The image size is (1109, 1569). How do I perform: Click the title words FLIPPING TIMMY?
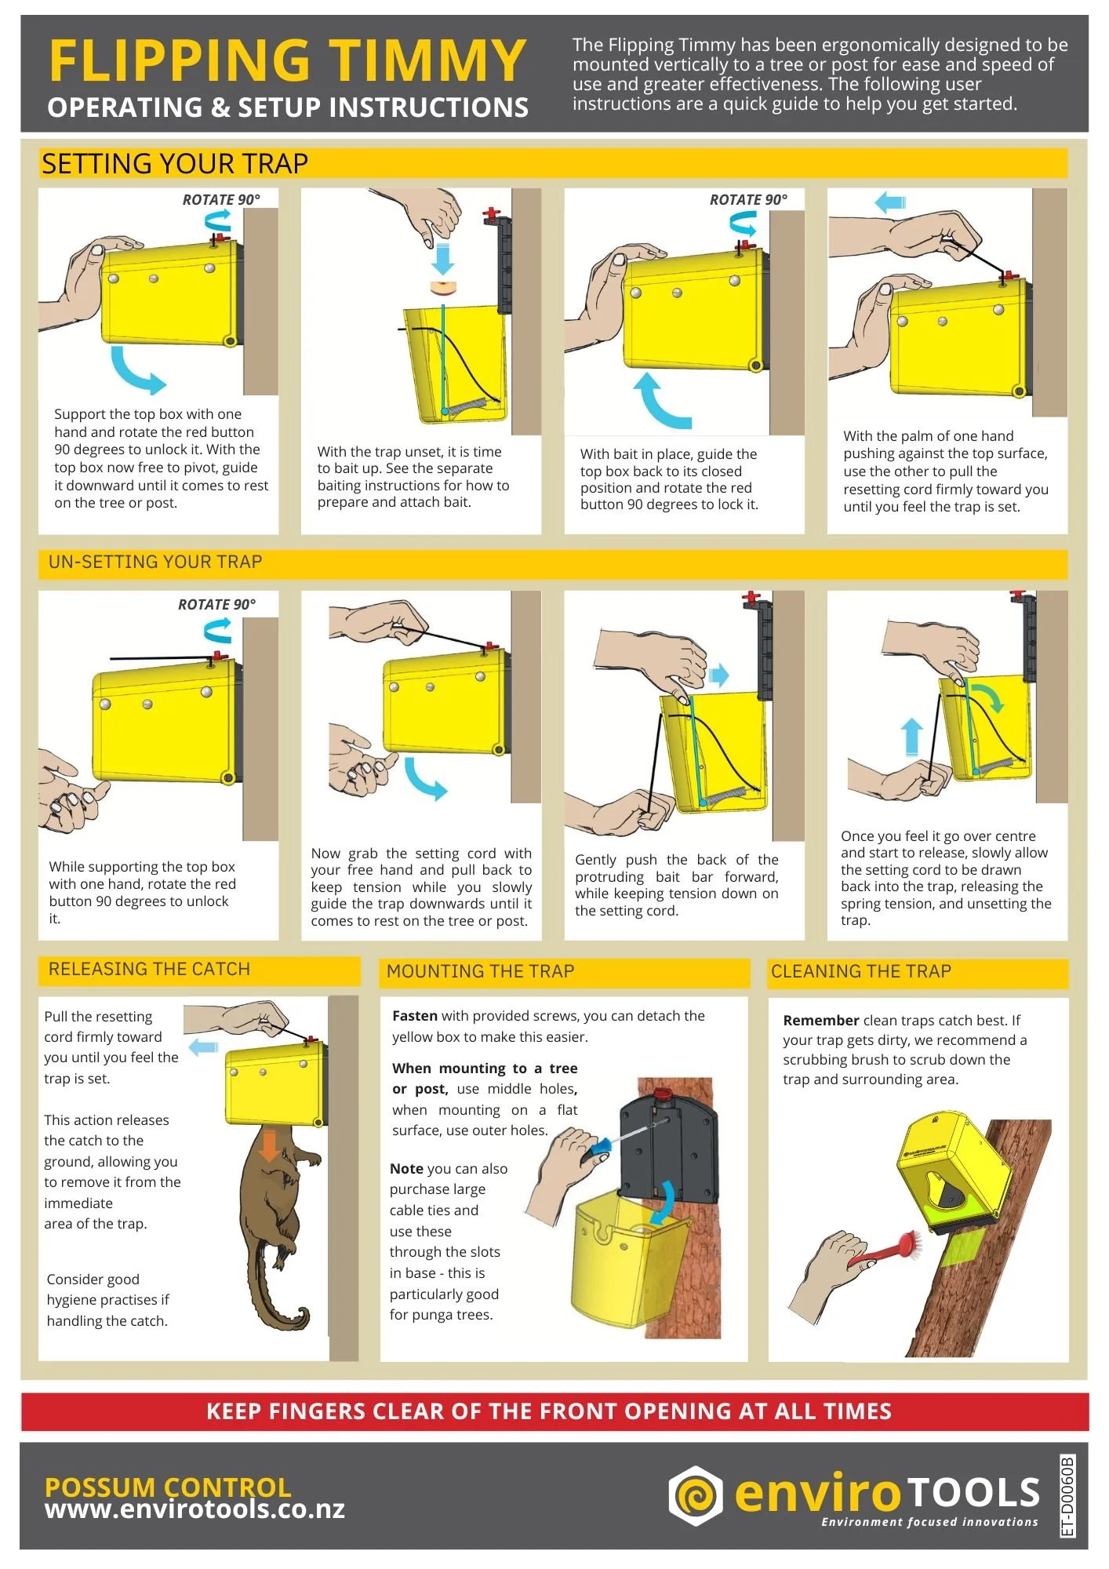286,60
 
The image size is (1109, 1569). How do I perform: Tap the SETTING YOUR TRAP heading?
175,164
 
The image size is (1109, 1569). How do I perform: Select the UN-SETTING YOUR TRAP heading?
155,562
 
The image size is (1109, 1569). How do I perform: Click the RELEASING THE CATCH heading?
149,969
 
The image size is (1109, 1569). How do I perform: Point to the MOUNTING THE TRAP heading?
480,971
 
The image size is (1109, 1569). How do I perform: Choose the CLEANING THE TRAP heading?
861,971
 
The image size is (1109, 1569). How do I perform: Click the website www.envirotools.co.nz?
195,1509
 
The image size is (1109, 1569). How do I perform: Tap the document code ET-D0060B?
1067,1496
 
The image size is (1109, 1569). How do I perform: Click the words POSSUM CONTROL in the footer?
168,1487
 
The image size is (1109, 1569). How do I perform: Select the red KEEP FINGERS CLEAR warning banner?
554,1412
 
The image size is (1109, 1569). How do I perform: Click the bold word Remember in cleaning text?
821,1021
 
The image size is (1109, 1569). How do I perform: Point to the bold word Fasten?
415,1016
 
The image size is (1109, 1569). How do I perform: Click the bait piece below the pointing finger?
443,286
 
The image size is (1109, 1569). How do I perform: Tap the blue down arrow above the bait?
443,257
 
